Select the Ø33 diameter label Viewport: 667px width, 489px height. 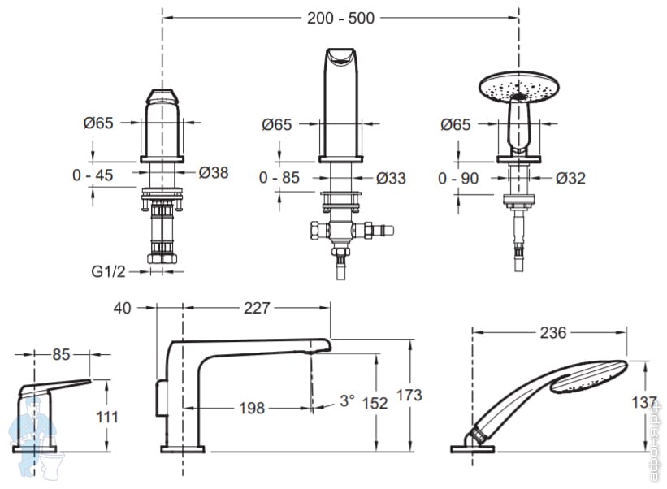[x=391, y=178]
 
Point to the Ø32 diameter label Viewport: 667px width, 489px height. [x=570, y=178]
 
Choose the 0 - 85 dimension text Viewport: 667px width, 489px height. [x=279, y=178]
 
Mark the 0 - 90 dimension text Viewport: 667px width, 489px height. [x=457, y=178]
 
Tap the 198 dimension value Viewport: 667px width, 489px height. [x=252, y=408]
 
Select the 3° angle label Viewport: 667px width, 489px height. [x=348, y=400]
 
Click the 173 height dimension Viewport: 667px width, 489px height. [x=409, y=396]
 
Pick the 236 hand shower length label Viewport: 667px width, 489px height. [x=552, y=332]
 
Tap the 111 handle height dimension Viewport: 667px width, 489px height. [x=106, y=417]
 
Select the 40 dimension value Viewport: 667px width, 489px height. [x=123, y=308]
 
